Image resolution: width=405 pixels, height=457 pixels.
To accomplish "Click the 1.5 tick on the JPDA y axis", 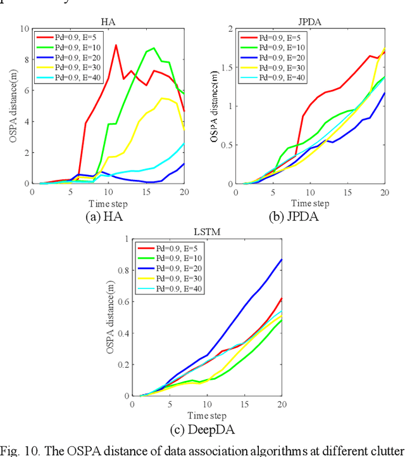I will pyautogui.click(x=228, y=68).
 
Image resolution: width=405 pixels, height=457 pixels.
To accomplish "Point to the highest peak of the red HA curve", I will pyautogui.click(x=116, y=45).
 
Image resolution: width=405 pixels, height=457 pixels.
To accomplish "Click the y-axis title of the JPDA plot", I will pyautogui.click(x=217, y=106).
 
